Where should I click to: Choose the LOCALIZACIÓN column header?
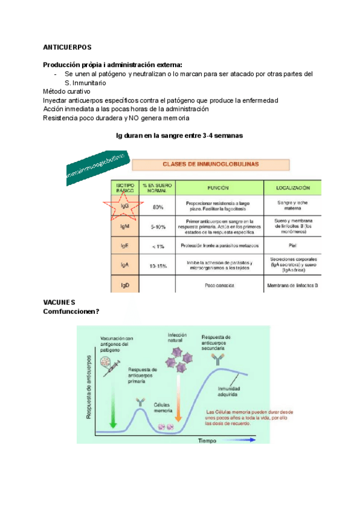[293, 187]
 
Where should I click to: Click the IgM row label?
[125, 226]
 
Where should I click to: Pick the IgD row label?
[125, 284]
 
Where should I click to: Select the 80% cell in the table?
[158, 207]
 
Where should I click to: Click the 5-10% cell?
[158, 226]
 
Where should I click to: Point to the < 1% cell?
[158, 246]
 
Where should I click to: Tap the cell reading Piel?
[293, 246]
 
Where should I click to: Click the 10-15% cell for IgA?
[158, 265]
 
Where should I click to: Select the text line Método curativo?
[66, 91]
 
